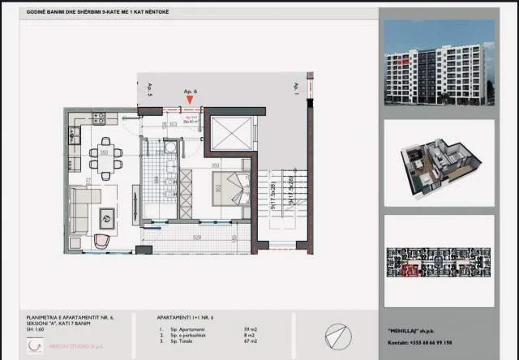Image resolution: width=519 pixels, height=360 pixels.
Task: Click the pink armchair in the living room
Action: point(102,239)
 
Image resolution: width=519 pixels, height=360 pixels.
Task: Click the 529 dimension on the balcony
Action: point(196,237)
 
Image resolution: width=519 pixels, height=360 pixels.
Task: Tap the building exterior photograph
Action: point(439,64)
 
